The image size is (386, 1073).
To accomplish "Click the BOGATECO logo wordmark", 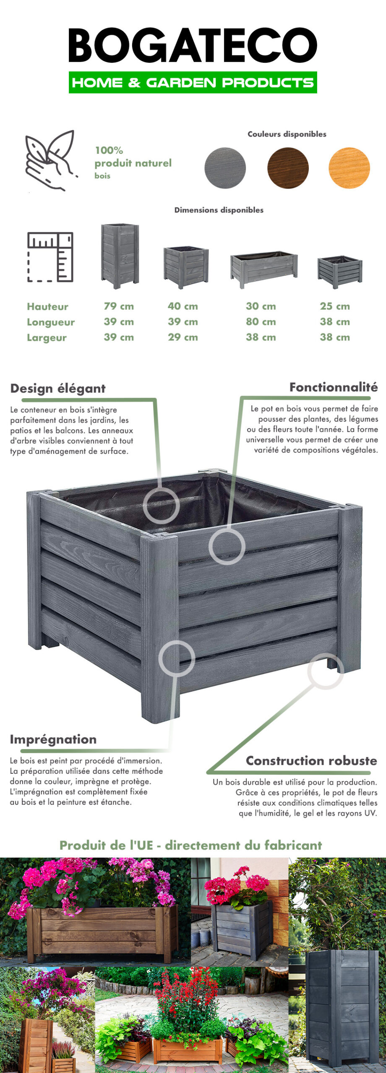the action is click(193, 45).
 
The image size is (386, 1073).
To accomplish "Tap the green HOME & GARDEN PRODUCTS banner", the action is click(193, 82).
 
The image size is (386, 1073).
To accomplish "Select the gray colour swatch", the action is click(225, 168).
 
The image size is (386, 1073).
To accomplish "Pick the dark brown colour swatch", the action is click(288, 168).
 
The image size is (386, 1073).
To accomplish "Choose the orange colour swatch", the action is click(349, 168).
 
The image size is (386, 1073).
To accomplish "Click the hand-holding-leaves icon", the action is click(51, 161).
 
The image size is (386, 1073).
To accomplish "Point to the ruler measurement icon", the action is click(50, 257).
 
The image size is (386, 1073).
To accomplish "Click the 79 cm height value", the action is click(119, 306).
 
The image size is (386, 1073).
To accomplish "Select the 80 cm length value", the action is click(261, 322).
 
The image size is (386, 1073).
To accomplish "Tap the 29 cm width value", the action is click(183, 337).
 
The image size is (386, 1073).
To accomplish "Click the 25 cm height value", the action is click(335, 306).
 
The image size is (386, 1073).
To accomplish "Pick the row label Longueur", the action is click(51, 322).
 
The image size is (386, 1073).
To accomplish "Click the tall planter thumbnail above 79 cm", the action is click(120, 256).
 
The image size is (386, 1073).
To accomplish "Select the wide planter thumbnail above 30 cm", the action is click(264, 270).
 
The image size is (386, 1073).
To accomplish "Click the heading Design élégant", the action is click(58, 389).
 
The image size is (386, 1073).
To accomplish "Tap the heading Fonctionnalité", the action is click(334, 387).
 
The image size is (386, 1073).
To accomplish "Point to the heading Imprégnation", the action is click(53, 739).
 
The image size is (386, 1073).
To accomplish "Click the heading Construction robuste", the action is click(311, 760).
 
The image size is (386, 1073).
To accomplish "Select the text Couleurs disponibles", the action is click(287, 134).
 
